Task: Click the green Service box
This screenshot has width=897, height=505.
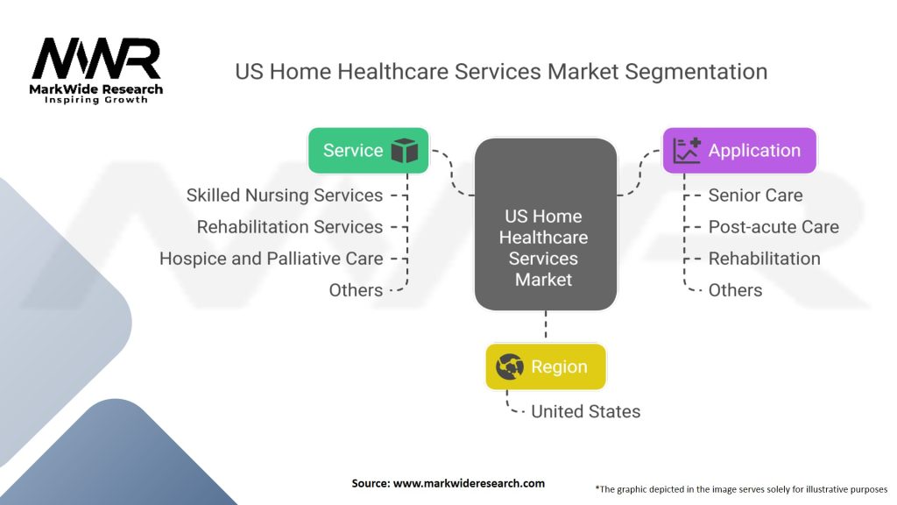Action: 369,151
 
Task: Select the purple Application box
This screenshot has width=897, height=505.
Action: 739,151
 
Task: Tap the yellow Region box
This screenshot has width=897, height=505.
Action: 545,366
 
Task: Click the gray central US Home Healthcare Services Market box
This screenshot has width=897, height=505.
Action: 546,224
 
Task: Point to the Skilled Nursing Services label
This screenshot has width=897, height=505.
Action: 285,196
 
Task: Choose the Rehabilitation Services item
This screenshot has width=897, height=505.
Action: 289,227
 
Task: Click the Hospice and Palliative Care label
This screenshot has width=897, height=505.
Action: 272,259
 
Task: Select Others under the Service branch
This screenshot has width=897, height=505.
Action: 356,290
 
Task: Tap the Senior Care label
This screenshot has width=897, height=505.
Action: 755,196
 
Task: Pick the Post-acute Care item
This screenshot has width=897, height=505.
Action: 773,227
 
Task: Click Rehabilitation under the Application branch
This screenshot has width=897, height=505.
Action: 764,259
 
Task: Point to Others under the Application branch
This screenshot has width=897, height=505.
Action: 735,290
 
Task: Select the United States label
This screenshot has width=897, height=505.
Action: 585,412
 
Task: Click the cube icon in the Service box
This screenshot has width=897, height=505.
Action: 405,151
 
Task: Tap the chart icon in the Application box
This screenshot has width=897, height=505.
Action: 687,151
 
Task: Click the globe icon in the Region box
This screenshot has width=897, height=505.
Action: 509,366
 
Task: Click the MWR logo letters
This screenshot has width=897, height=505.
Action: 96,59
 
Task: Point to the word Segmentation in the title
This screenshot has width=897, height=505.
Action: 696,72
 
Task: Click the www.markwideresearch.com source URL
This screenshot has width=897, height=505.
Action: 469,483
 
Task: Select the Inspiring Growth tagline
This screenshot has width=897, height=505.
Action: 96,100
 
